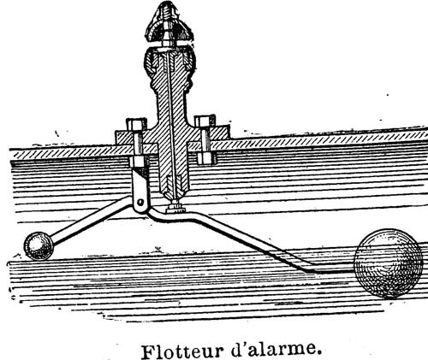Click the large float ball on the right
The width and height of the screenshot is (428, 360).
(x=388, y=263)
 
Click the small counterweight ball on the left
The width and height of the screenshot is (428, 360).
(x=39, y=246)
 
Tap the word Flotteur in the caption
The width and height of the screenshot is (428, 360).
(x=181, y=351)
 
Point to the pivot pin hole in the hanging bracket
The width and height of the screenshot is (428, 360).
(x=140, y=202)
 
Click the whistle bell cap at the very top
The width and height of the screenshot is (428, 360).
(x=169, y=23)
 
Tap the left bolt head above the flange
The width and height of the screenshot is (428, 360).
(x=136, y=124)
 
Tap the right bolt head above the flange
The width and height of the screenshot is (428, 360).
(x=205, y=121)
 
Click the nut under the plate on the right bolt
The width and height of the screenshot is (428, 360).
(x=206, y=158)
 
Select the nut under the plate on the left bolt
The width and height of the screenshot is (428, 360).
(x=139, y=162)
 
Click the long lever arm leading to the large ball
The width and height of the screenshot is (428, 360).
(x=251, y=242)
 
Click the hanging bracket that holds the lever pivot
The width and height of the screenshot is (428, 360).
(x=140, y=190)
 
